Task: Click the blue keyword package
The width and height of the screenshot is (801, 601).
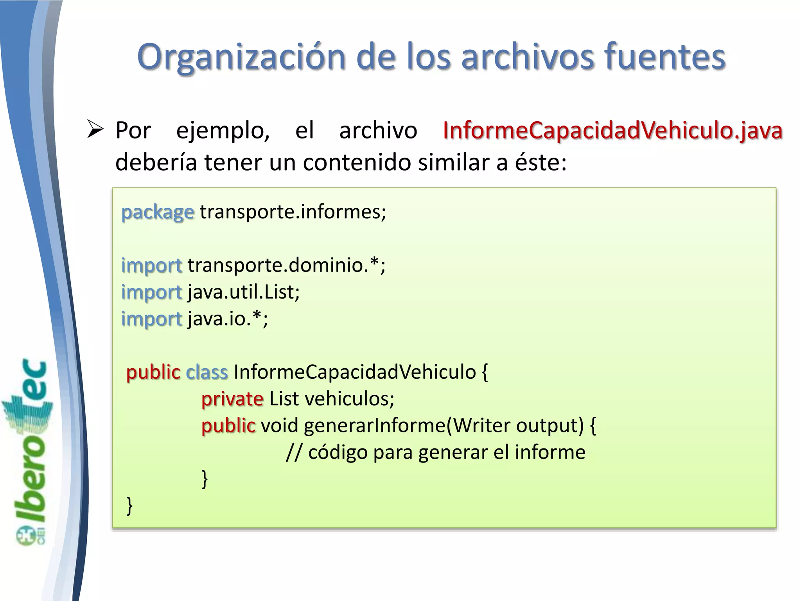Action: click(158, 212)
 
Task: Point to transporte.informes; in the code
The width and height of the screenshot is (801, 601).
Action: click(293, 212)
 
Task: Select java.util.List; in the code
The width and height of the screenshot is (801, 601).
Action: click(244, 292)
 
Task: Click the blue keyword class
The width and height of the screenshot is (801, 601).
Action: click(207, 372)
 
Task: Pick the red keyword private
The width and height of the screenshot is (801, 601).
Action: click(232, 399)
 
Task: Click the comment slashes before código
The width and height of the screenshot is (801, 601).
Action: click(294, 453)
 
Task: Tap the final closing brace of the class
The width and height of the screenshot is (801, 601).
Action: click(129, 506)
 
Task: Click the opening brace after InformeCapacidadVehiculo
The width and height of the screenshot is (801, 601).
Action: click(485, 372)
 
